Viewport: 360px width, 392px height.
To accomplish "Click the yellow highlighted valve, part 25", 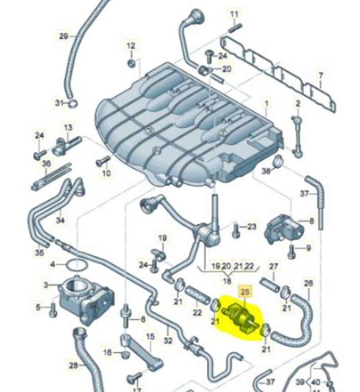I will coord(239,317).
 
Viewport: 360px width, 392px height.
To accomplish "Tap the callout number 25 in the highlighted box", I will coord(246,291).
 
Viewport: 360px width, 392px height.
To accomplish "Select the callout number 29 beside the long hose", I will coord(63,36).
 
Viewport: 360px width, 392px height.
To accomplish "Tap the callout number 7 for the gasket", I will coord(320,77).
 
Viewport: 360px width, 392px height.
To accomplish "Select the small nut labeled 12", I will coord(131,63).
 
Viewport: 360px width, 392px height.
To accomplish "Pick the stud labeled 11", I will coord(234,27).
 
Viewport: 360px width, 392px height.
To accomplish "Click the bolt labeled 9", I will coord(293,250).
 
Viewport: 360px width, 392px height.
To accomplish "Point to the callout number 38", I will coord(266,171).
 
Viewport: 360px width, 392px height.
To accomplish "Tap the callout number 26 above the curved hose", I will coord(308,283).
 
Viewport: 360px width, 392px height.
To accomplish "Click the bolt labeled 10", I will coord(101,162).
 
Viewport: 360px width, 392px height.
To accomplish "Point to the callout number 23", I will coord(251,226).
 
